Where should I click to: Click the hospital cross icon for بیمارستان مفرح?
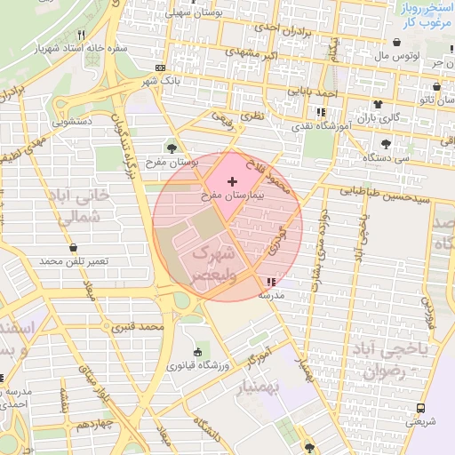(x=233, y=181)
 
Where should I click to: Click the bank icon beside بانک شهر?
(x=160, y=68)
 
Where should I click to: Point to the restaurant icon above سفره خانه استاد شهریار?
(x=82, y=36)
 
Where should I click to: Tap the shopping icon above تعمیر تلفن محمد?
(x=73, y=248)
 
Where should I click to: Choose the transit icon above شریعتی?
(x=420, y=408)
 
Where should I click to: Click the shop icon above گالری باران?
(x=379, y=105)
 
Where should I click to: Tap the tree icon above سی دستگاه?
(x=386, y=143)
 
